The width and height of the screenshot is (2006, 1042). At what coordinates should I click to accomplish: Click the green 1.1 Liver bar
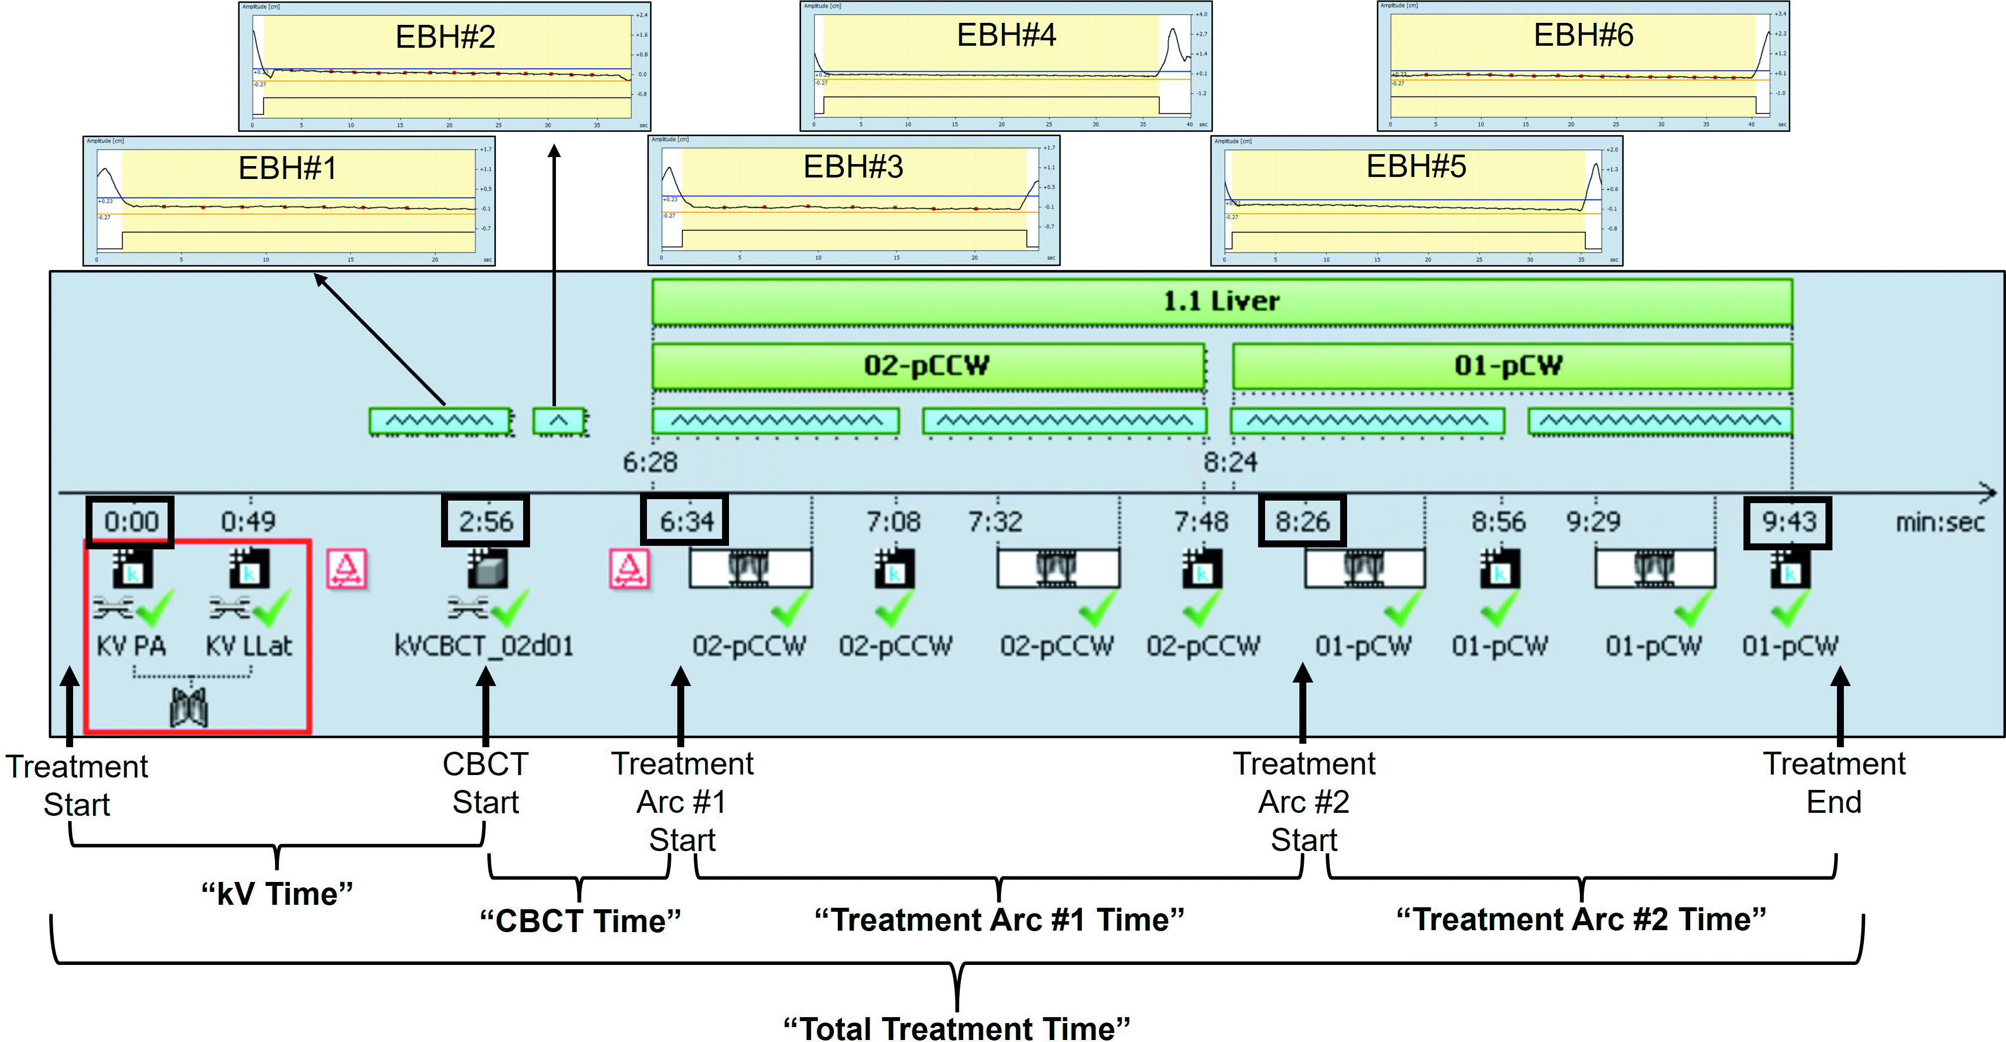click(x=1221, y=301)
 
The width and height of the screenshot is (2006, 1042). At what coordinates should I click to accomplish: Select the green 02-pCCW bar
click(x=927, y=366)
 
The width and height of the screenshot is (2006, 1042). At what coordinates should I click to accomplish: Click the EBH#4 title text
click(x=1005, y=35)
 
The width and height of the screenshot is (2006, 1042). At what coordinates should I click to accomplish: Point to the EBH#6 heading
click(x=1583, y=35)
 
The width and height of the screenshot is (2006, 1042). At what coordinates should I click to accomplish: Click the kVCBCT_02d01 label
click(x=483, y=646)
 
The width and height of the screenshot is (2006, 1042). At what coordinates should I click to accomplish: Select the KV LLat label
click(x=249, y=646)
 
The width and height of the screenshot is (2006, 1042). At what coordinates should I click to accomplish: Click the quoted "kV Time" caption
click(x=276, y=893)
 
